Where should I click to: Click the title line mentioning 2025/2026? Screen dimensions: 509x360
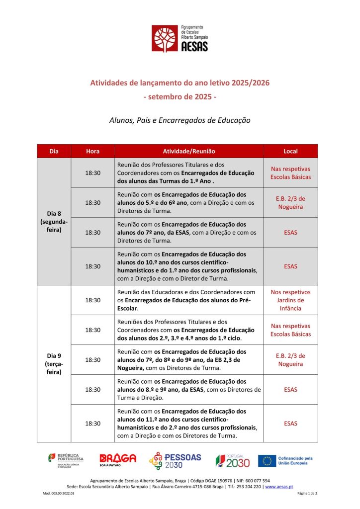(180, 83)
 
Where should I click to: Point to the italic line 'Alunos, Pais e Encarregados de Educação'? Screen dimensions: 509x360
(180, 120)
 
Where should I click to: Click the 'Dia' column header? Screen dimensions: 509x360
(54, 151)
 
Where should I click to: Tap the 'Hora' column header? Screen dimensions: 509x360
(92, 151)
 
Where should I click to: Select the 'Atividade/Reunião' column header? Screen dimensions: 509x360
(189, 151)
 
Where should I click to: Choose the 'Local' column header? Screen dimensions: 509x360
(290, 151)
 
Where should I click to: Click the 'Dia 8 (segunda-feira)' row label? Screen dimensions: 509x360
(54, 222)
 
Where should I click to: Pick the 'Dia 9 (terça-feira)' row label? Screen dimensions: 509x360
(54, 363)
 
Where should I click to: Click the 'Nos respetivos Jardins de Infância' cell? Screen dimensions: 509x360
(290, 300)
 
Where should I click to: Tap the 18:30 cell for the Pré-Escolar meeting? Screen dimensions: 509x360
(92, 300)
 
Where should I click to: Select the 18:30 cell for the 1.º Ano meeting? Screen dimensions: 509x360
(92, 172)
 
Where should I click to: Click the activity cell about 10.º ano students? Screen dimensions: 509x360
(189, 266)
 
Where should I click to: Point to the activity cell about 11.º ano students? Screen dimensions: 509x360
(189, 424)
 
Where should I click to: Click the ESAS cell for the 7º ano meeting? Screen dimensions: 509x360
(290, 232)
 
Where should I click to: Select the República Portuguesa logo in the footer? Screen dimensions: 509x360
(66, 461)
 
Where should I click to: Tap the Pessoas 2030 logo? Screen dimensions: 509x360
(175, 461)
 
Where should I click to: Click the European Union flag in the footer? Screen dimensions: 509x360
(267, 461)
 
